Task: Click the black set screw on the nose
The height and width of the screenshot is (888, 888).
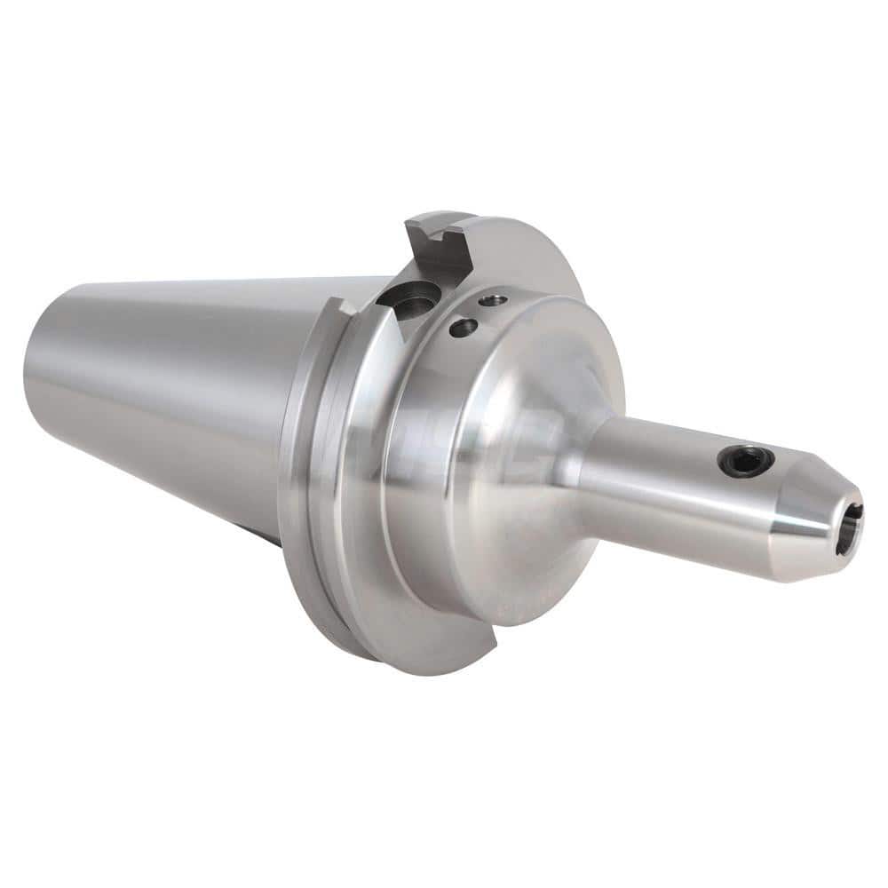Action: tap(745, 461)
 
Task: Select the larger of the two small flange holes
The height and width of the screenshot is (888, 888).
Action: tap(464, 328)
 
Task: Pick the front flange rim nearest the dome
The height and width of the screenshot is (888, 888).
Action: tap(373, 497)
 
